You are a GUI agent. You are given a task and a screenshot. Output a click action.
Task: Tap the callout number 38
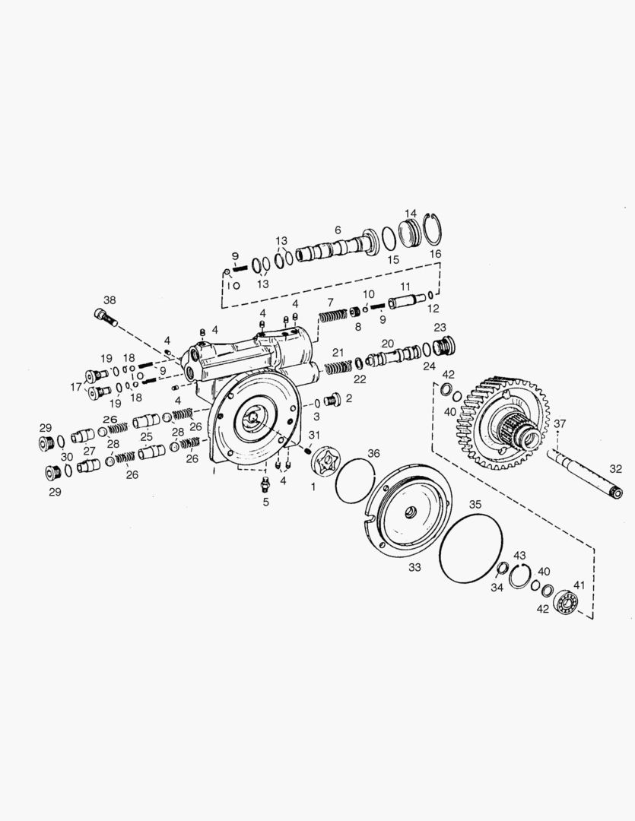pos(110,300)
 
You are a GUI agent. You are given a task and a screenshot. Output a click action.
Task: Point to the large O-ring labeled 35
pos(471,547)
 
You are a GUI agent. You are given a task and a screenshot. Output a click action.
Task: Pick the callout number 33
pos(414,567)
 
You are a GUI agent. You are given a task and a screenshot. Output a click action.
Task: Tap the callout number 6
pos(338,230)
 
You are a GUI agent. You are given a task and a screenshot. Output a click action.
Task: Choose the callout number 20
pos(387,343)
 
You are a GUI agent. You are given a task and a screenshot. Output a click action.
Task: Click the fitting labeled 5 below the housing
pos(265,484)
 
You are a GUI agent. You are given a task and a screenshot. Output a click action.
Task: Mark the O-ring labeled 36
pos(354,480)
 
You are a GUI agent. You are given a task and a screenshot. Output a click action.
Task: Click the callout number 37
pos(560,423)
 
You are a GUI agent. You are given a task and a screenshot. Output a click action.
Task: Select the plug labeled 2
pos(332,400)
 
